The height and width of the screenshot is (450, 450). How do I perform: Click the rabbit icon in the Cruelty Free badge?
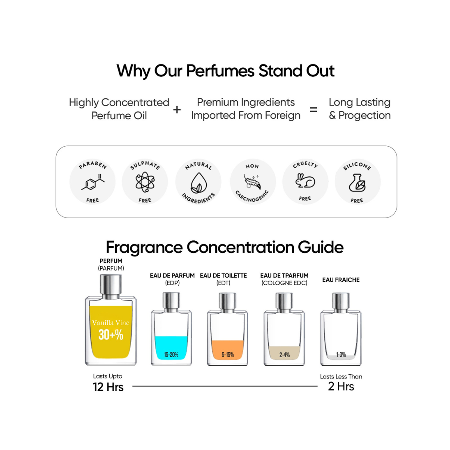305,180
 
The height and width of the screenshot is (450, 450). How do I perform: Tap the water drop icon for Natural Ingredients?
198,182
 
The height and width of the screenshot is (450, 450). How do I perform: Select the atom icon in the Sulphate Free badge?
145,182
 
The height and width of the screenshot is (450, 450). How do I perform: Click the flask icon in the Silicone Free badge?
357,182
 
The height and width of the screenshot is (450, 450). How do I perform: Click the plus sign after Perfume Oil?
177,109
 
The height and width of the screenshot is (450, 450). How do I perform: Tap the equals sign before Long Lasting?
314,109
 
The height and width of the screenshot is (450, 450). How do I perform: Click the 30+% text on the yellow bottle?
111,335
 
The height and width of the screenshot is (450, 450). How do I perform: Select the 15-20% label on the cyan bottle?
171,355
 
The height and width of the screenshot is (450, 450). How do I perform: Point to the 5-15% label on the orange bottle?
228,355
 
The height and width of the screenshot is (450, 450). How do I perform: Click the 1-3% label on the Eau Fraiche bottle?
341,355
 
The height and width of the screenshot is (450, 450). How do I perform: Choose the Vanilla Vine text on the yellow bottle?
111,323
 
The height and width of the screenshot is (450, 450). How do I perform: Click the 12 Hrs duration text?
108,387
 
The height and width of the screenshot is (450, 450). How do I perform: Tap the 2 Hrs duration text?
341,386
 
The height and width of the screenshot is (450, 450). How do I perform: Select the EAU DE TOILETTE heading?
223,275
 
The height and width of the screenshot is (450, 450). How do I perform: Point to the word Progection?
365,115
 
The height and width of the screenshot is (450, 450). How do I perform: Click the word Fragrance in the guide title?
144,247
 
